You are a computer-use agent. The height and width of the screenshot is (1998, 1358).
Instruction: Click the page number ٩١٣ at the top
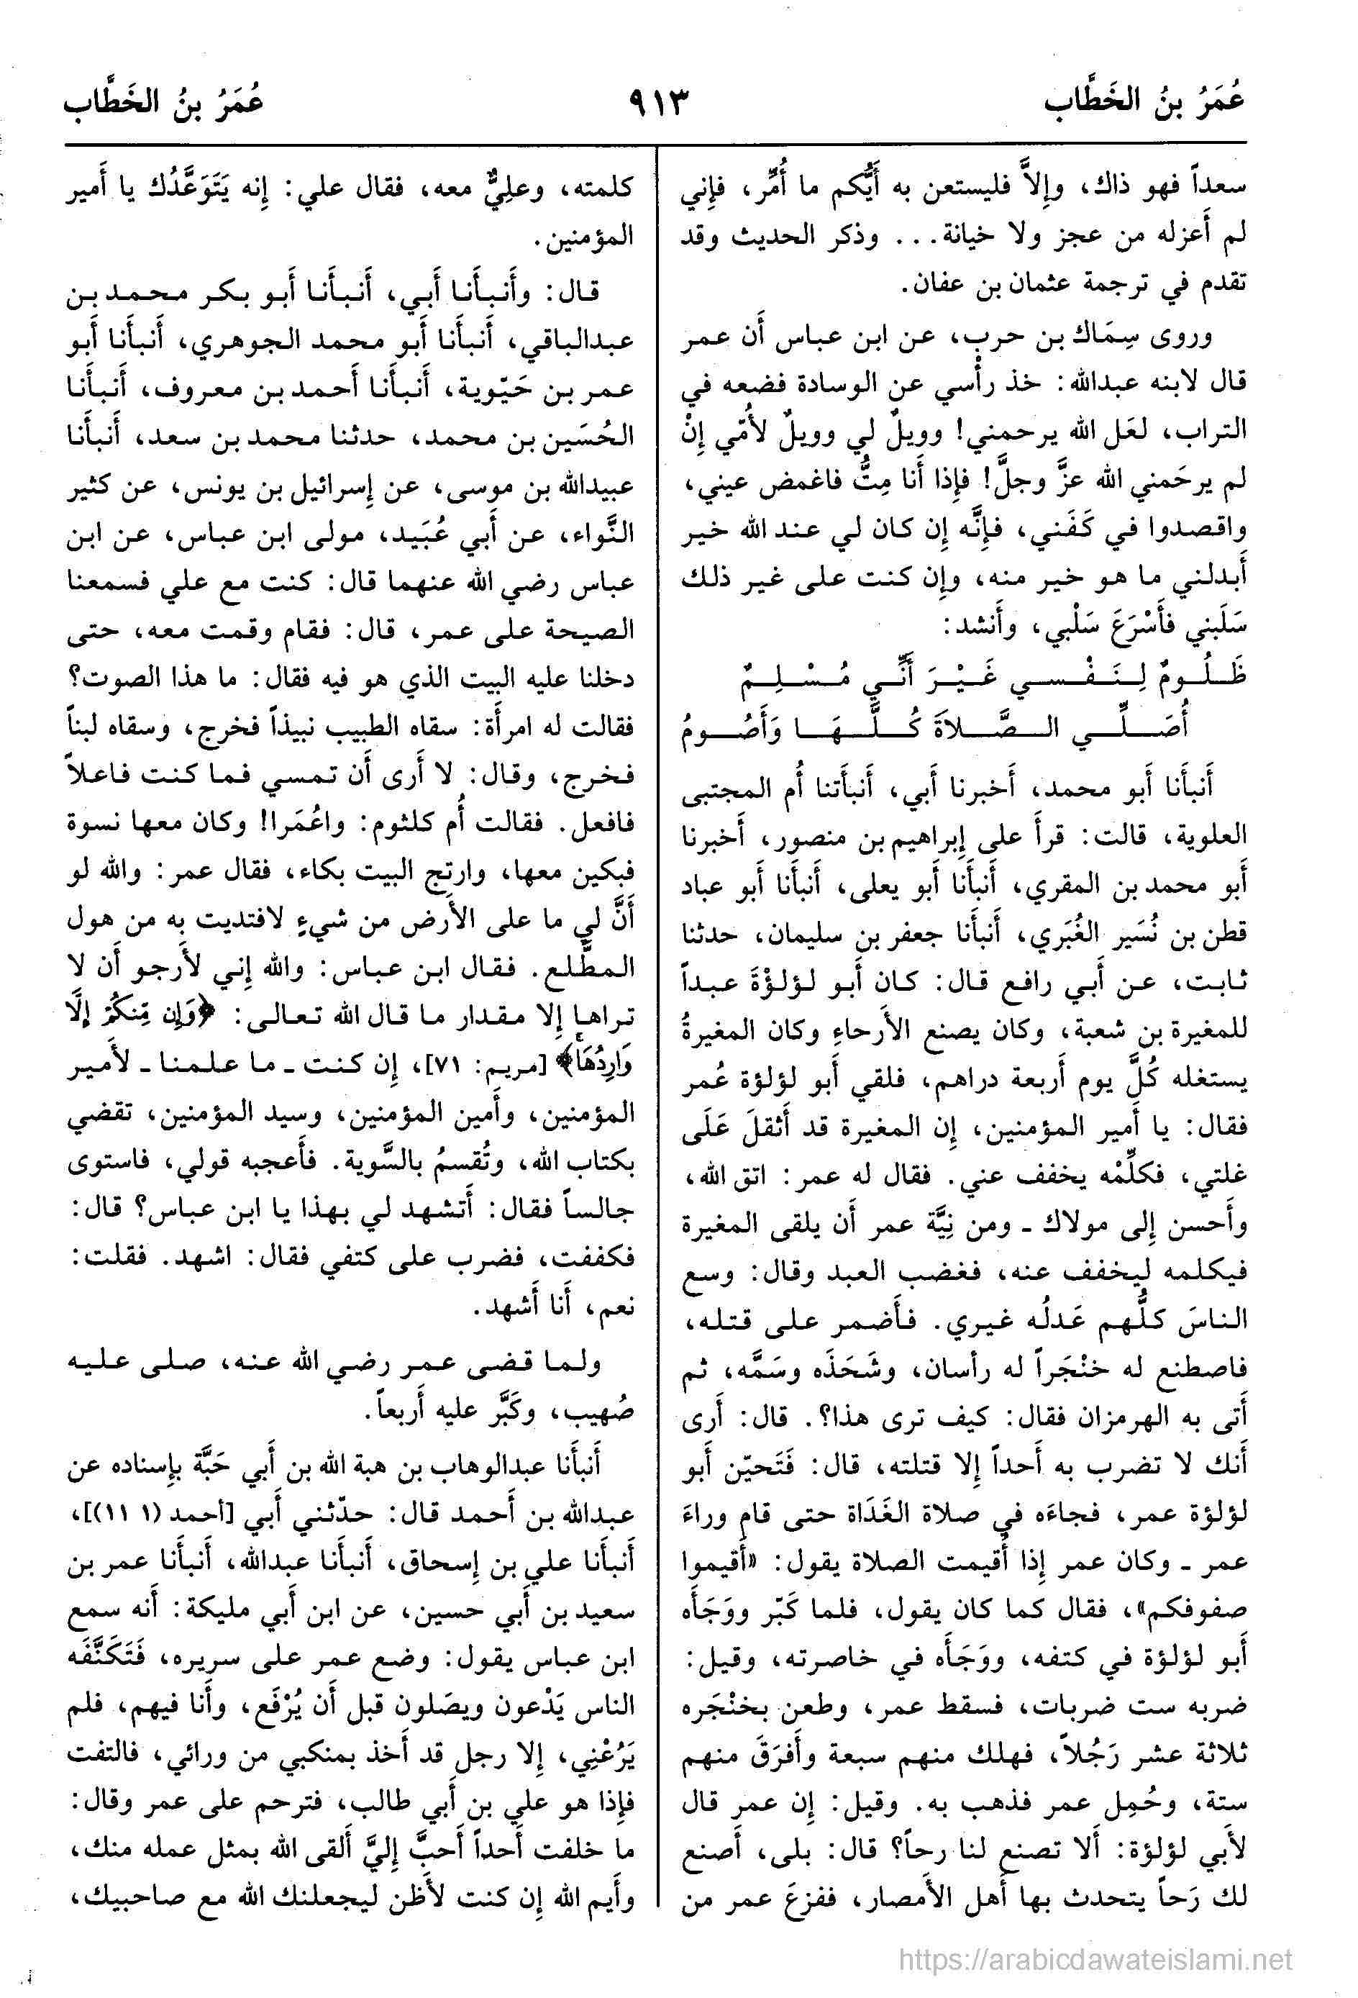click(x=660, y=109)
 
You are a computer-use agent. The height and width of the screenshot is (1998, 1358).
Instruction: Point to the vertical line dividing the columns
click(x=657, y=1032)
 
